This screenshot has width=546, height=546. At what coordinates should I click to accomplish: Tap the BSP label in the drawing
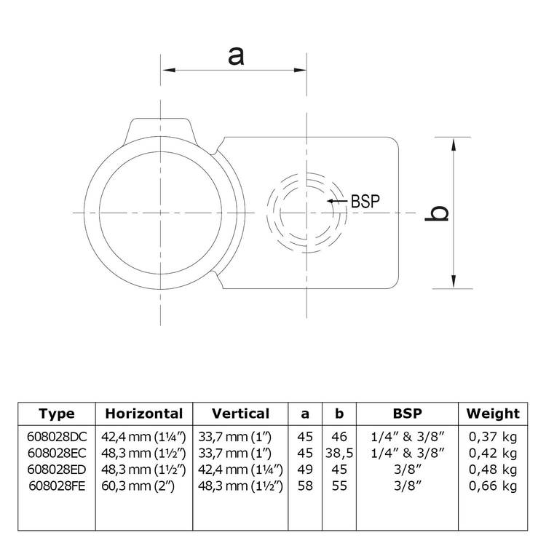tap(366, 202)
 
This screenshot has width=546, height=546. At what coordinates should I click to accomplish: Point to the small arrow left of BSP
tap(336, 202)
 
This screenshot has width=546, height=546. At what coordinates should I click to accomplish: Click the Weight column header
tap(493, 414)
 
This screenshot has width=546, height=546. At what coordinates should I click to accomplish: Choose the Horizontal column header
tap(144, 414)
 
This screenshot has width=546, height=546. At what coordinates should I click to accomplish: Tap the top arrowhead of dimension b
tap(455, 143)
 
